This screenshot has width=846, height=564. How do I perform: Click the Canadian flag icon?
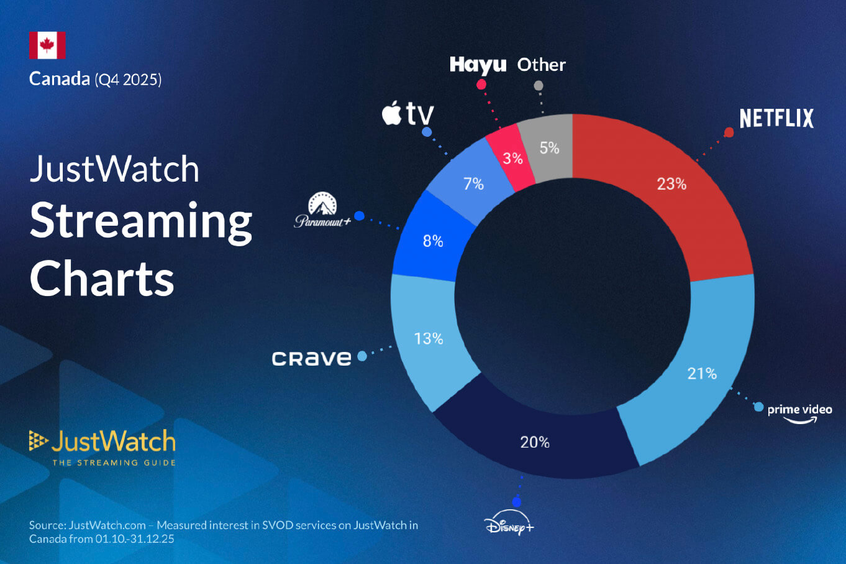coord(47,45)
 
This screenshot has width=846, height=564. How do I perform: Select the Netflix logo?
coord(776,118)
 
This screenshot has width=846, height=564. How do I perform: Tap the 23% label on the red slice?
coord(671,184)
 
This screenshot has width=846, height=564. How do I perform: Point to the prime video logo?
coord(799,412)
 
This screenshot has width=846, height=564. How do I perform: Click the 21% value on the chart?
coord(702,374)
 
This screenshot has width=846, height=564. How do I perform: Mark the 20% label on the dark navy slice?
coord(535,442)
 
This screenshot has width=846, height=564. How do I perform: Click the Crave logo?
coord(311,358)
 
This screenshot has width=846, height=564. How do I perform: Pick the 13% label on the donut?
coord(429,339)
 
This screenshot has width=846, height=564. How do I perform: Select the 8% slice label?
coord(433,241)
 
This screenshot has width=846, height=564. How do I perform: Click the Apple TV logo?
coord(407,114)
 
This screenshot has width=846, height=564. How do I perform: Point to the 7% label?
coord(473,184)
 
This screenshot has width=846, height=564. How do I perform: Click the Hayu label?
coord(478,65)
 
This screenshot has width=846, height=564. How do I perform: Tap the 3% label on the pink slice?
coord(512,159)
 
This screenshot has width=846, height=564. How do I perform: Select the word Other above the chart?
coord(541,65)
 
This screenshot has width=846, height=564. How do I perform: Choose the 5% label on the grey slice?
coord(549,148)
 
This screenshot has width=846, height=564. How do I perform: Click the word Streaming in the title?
coord(141,221)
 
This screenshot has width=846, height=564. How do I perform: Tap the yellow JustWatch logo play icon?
coord(38,441)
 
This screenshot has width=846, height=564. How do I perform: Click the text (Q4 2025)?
coord(128,80)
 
